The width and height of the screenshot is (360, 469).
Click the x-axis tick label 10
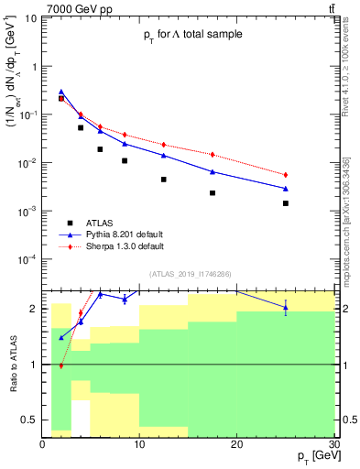(139, 444)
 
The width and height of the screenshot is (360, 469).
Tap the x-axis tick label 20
(236, 444)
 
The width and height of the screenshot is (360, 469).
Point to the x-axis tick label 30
(333, 444)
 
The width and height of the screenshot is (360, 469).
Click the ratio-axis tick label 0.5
(32, 420)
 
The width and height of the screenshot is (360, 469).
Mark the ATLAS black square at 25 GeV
(285, 203)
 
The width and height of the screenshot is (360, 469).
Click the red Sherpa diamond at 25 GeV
(285, 175)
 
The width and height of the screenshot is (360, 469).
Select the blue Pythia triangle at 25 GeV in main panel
(285, 188)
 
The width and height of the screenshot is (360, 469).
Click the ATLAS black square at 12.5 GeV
(164, 180)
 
